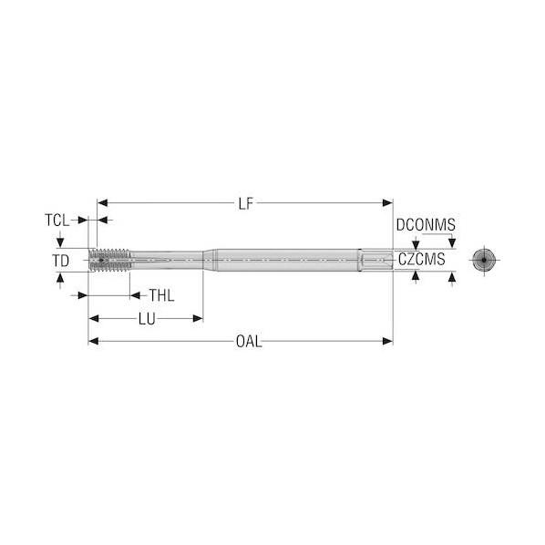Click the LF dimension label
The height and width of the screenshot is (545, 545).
click(246, 203)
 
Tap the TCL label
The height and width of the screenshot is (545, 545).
click(57, 221)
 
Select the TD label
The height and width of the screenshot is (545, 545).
click(61, 261)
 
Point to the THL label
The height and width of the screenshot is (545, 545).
click(161, 295)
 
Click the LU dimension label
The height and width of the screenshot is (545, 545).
click(147, 319)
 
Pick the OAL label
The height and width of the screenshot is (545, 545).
click(249, 342)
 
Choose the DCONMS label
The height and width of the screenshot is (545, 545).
click(426, 225)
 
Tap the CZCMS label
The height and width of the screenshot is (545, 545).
click(422, 260)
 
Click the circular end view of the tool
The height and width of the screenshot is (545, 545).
click(484, 260)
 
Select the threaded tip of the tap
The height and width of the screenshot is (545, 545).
click(110, 260)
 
